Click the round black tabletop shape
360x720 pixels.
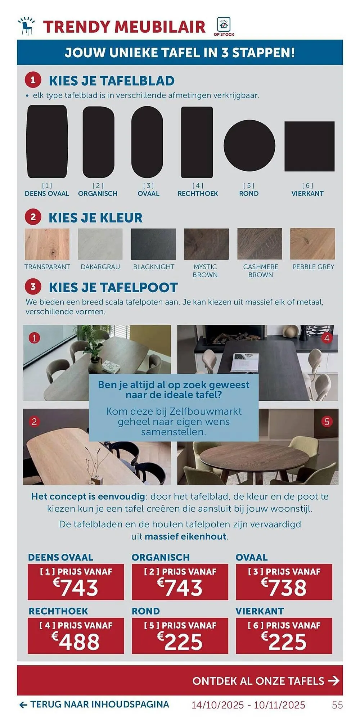click(249, 145)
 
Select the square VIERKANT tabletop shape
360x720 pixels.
click(309, 146)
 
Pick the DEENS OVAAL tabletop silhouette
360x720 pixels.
click(47, 141)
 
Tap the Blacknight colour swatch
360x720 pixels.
click(153, 244)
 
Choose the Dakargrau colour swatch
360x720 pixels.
click(100, 244)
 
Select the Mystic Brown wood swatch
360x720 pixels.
click(206, 244)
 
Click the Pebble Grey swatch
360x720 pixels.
click(312, 244)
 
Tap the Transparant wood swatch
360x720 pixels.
click(47, 244)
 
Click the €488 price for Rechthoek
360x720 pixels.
click(76, 642)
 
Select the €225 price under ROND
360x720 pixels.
click(180, 642)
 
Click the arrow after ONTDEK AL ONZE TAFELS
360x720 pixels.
click(334, 681)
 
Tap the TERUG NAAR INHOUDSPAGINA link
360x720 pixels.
click(94, 705)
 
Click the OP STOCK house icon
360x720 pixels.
click(224, 25)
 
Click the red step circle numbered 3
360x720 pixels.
click(33, 287)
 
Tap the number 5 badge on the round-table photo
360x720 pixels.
click(327, 422)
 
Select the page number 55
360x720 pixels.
click(337, 705)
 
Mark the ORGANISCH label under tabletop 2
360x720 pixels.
click(98, 193)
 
